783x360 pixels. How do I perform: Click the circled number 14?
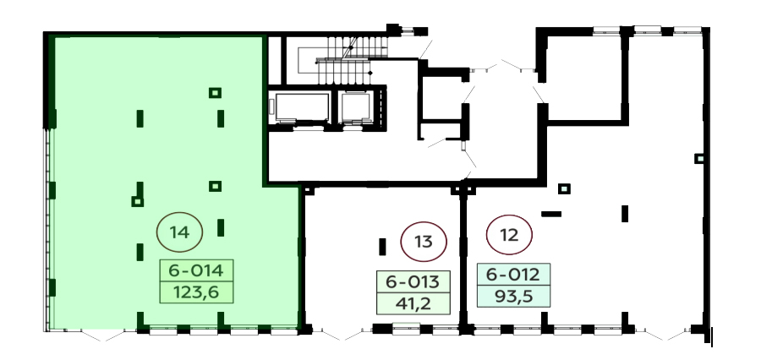point(179,232)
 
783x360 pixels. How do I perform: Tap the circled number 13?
point(424,242)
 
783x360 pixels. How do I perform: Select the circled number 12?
point(509,235)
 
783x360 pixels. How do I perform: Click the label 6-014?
point(196,270)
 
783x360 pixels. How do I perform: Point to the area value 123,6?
point(196,292)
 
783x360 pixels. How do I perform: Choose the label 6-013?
point(413,281)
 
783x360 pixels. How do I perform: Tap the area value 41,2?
point(413,303)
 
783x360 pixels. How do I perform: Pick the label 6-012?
point(513,274)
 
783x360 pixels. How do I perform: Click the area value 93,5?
point(513,296)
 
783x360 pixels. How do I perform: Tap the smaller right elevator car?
point(356,106)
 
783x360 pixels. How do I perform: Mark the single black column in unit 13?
point(382,247)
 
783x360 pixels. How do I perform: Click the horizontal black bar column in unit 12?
point(551,214)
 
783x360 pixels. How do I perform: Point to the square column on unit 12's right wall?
point(699,158)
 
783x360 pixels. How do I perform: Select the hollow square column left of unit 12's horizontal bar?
point(564,188)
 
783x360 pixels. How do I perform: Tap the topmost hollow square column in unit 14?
point(216,92)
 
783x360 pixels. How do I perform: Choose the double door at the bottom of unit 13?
point(342,334)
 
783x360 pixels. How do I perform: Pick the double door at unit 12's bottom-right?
point(663,334)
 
